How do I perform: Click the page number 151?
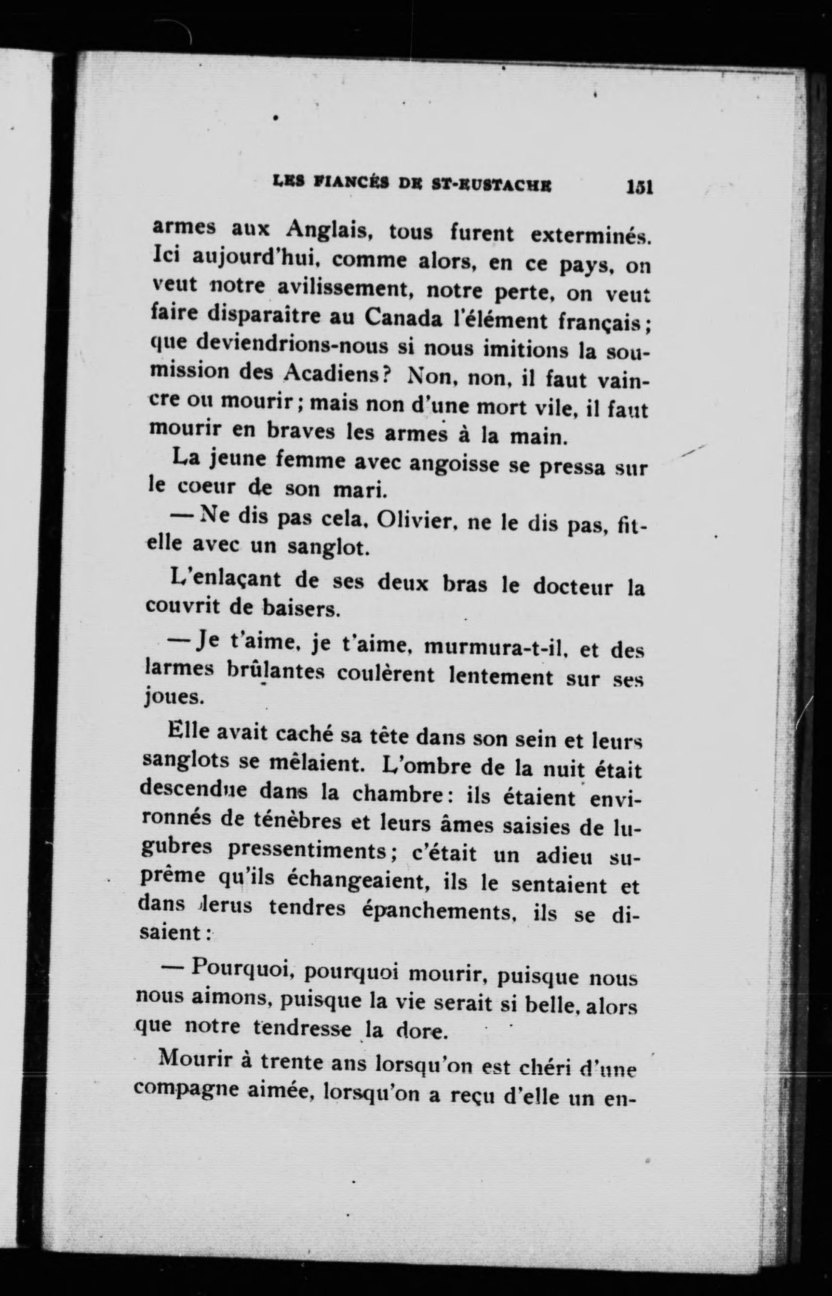click(x=640, y=187)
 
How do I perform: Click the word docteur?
click(x=573, y=587)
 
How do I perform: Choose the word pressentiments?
click(x=306, y=852)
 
